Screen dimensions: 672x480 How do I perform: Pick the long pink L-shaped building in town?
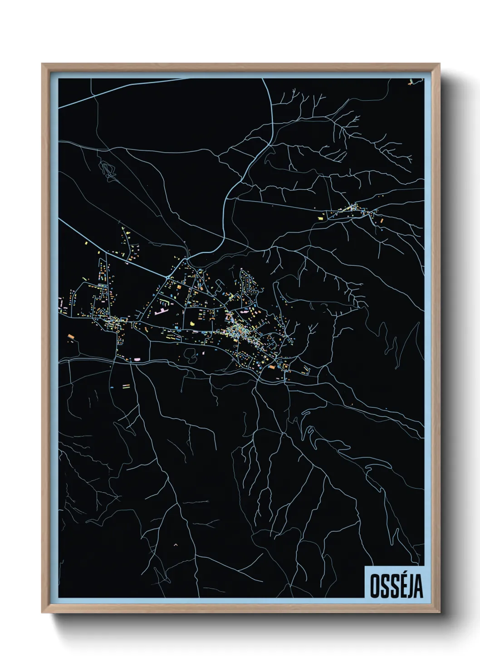161,312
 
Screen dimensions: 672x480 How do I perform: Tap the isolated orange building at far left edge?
70,336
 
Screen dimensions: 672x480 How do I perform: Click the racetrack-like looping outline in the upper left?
108,170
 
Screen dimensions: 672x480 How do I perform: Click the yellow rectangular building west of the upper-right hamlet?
319,218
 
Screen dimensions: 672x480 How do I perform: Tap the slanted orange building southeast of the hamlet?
382,220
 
